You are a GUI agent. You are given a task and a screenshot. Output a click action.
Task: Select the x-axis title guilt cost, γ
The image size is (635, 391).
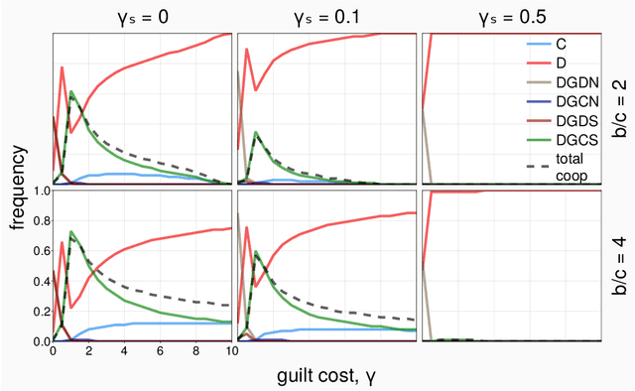pyautogui.click(x=327, y=376)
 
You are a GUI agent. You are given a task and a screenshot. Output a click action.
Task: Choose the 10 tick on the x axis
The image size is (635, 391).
pyautogui.click(x=230, y=352)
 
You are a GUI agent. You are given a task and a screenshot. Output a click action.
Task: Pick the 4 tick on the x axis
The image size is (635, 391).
pyautogui.click(x=124, y=352)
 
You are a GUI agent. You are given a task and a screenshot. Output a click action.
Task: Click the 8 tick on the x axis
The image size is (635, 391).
pyautogui.click(x=195, y=352)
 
